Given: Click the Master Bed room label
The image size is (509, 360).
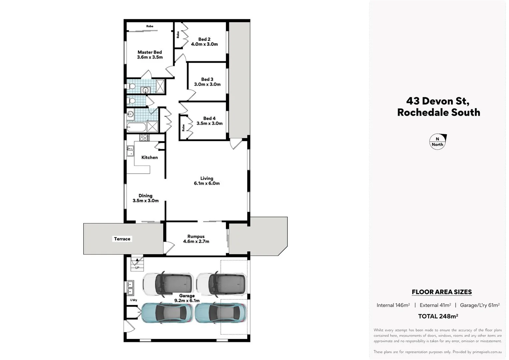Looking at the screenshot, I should click(150, 52).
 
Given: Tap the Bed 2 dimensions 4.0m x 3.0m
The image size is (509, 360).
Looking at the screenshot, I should click(204, 44).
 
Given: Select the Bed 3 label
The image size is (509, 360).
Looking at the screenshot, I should click(207, 79).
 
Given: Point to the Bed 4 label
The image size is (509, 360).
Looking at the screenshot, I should click(209, 118).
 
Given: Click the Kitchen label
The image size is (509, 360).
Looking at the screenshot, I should click(149, 157).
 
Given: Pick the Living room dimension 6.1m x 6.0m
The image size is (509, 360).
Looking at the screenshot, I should click(207, 183).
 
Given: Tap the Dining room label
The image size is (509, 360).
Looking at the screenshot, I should click(145, 196).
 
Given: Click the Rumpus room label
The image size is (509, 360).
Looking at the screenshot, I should click(196, 236).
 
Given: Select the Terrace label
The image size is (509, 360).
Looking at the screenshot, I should click(122, 239).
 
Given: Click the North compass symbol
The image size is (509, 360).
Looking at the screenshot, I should click(437, 142).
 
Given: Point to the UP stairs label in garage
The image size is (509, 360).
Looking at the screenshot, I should click(137, 268).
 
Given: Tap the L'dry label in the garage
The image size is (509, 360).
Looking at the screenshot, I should click(134, 300).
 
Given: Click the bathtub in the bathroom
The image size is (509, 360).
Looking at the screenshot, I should click(136, 127).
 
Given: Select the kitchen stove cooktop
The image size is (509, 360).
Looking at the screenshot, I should click(144, 137).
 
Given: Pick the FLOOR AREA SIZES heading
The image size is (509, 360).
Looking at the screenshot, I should click(442, 292).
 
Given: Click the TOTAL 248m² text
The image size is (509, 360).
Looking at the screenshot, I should click(438, 316).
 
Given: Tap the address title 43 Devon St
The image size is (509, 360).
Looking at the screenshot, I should click(438, 101).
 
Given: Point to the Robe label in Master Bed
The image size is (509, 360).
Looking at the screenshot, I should click(150, 26).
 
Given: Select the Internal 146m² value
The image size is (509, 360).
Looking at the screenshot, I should click(393, 305).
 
